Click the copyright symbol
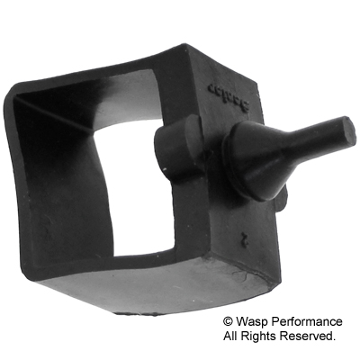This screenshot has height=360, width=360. click(229, 320)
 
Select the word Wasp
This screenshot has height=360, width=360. click(254, 320)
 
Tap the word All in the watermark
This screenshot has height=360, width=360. click(232, 336)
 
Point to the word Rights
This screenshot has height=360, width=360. click(265, 336)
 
